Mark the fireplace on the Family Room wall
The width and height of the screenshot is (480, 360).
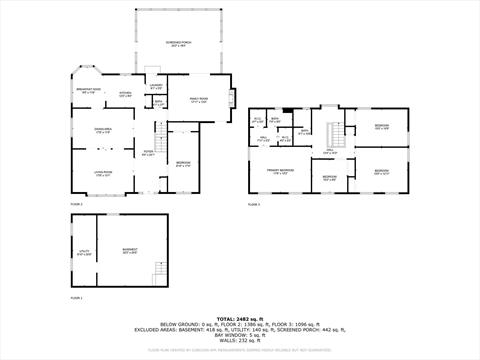(x=233, y=98)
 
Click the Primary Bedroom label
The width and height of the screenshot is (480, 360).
(x=279, y=171)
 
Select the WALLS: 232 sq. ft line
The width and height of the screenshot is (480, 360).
(x=239, y=340)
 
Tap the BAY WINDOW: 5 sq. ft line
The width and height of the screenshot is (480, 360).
(x=239, y=334)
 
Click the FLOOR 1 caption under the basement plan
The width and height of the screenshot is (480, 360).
(x=77, y=298)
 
